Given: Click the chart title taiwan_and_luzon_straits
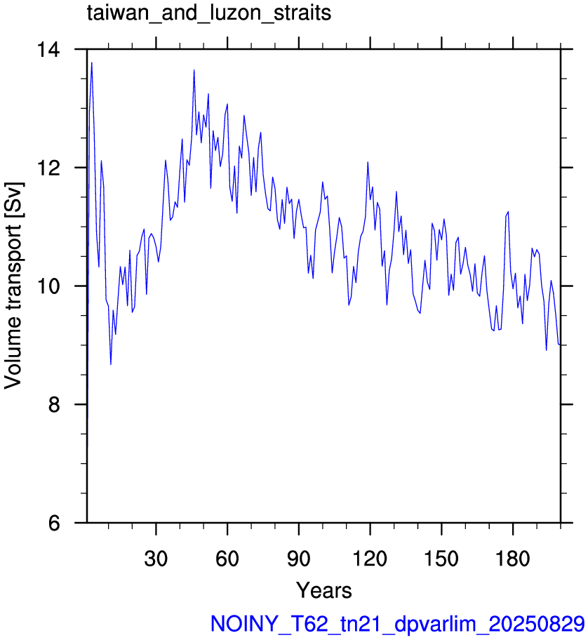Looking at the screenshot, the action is pyautogui.click(x=209, y=13).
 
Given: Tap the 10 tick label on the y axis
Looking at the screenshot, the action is pyautogui.click(x=48, y=286).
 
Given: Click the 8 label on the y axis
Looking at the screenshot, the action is pyautogui.click(x=54, y=404).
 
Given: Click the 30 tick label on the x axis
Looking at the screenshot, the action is pyautogui.click(x=156, y=558).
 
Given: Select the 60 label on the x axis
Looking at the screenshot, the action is pyautogui.click(x=227, y=558).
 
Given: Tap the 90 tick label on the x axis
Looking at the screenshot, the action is pyautogui.click(x=299, y=558).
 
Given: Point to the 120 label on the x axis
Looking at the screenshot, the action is pyautogui.click(x=370, y=558).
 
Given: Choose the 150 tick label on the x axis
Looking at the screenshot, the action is pyautogui.click(x=441, y=558).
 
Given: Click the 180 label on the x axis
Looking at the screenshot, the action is pyautogui.click(x=512, y=558).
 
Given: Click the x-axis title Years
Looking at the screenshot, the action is pyautogui.click(x=324, y=590).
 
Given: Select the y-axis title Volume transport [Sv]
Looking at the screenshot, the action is pyautogui.click(x=13, y=286).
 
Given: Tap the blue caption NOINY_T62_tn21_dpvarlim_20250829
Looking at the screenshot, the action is pyautogui.click(x=398, y=624).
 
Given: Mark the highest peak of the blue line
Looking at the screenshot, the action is pyautogui.click(x=92, y=62).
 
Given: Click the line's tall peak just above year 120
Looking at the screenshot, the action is pyautogui.click(x=368, y=162).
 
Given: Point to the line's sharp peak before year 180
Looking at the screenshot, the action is pyautogui.click(x=508, y=211).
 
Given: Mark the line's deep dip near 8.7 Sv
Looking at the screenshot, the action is pyautogui.click(x=111, y=364).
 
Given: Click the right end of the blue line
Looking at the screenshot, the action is pyautogui.click(x=560, y=345).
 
